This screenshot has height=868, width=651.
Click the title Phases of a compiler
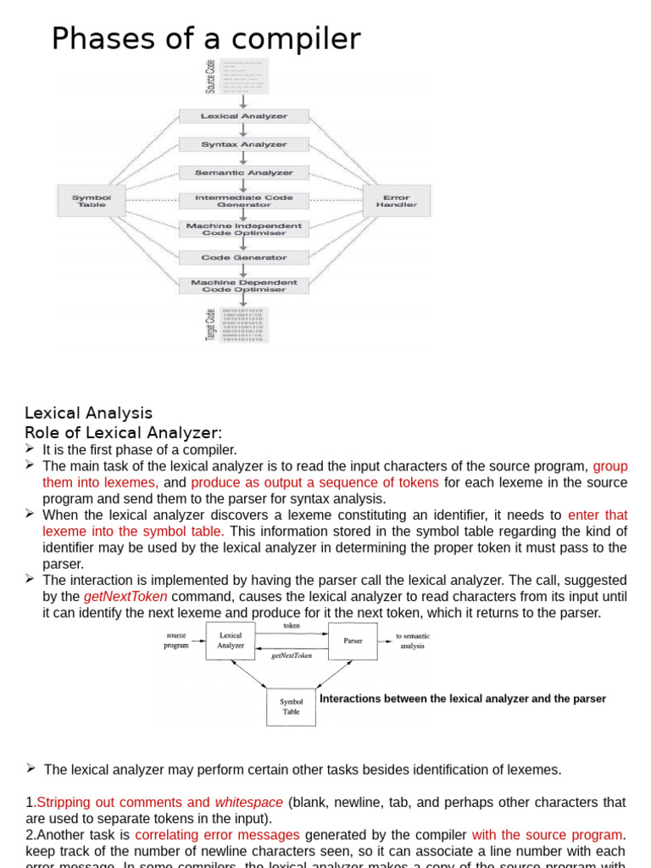point(206,39)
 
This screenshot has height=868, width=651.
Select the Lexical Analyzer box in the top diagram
point(243,116)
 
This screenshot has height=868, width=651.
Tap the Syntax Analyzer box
point(243,145)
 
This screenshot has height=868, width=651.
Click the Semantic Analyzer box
point(243,173)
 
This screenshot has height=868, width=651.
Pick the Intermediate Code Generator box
point(243,201)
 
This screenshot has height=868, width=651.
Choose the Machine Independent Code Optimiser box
point(243,230)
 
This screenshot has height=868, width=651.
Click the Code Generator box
point(243,258)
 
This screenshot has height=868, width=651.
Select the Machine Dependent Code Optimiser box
point(243,286)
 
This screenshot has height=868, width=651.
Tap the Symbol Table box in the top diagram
point(91,201)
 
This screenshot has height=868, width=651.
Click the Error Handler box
point(396,201)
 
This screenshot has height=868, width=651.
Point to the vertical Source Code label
point(210,76)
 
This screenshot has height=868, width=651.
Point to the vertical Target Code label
point(210,325)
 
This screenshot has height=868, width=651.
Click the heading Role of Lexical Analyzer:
point(124,433)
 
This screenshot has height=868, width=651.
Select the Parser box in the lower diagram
point(353,641)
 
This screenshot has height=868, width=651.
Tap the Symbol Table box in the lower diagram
point(291,707)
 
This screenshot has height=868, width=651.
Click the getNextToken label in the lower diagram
point(291,655)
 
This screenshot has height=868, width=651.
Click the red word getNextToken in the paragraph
point(125,596)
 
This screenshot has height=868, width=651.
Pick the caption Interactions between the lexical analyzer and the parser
point(463,698)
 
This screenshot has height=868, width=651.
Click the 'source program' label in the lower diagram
point(176,641)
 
